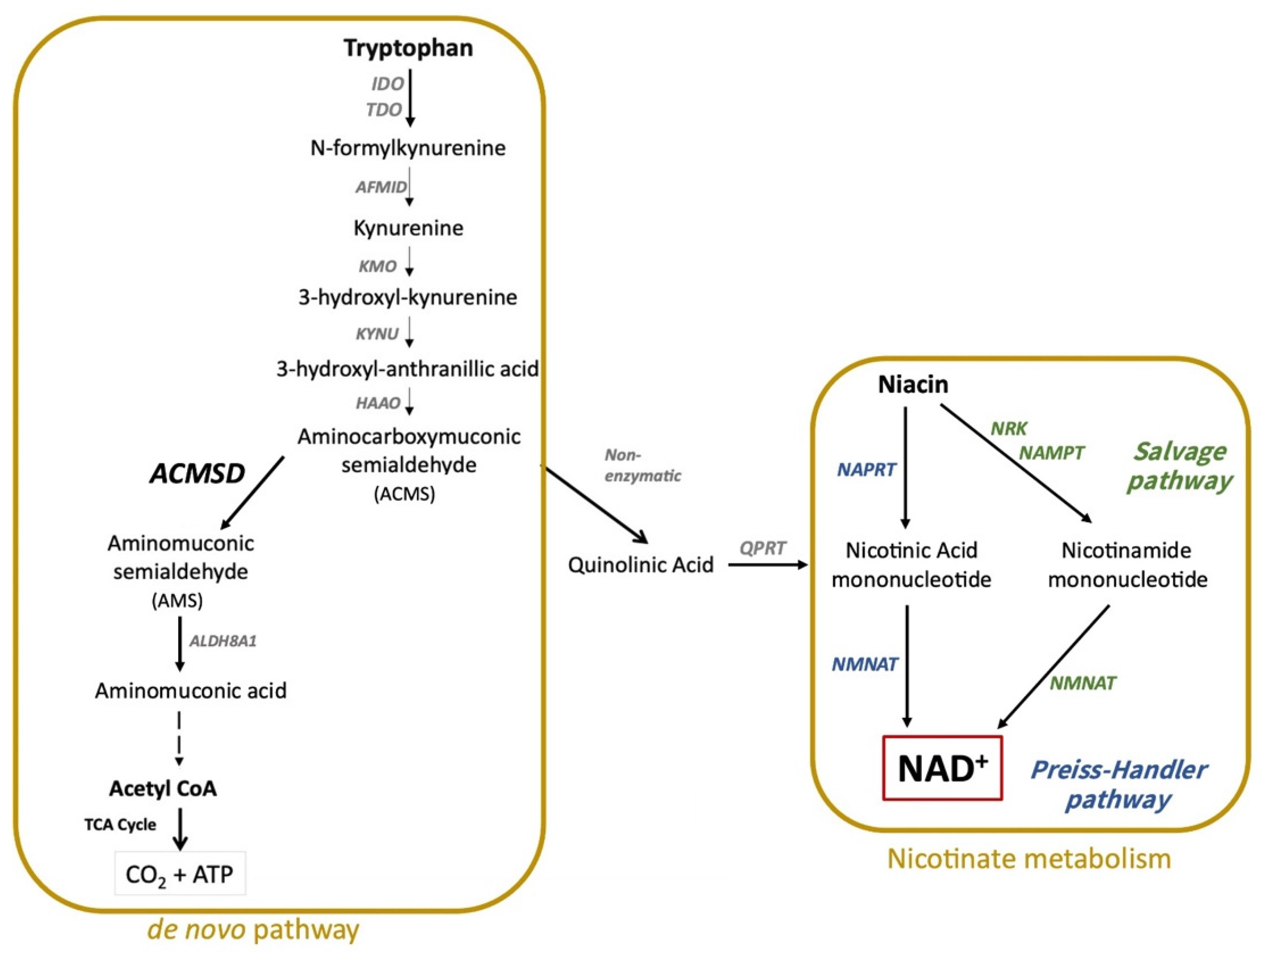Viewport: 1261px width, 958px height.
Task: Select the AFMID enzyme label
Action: click(x=381, y=187)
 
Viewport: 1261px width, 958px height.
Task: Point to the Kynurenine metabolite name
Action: click(x=408, y=228)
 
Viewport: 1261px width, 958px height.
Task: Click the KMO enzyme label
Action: click(x=377, y=266)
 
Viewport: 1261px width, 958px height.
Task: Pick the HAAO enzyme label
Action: click(x=378, y=403)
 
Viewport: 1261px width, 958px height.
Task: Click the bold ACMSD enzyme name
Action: click(x=197, y=473)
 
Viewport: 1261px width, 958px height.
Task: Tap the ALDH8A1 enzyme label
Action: click(x=223, y=641)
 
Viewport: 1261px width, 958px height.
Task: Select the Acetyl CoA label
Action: click(x=163, y=789)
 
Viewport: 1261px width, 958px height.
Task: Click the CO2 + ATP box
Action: click(x=180, y=874)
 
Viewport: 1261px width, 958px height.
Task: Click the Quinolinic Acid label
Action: click(x=641, y=564)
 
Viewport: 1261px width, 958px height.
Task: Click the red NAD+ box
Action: click(x=942, y=768)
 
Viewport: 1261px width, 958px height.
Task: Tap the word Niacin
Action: click(x=913, y=384)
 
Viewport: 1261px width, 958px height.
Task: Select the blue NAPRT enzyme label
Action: click(x=866, y=469)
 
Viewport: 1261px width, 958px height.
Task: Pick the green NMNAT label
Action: click(x=1083, y=683)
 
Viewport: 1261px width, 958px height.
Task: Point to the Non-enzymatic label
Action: click(x=643, y=465)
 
